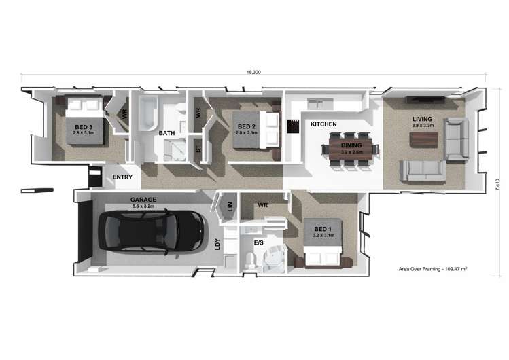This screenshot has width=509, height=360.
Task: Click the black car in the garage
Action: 152,231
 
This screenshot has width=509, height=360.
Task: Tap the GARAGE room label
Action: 143,200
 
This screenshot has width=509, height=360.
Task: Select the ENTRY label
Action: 122,177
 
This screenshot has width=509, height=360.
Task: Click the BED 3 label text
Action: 84,127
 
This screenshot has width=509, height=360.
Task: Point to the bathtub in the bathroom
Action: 148,113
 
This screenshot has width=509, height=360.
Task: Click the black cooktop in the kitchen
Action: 292,126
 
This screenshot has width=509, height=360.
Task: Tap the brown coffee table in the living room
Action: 423,140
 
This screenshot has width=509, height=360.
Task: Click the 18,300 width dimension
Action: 253,72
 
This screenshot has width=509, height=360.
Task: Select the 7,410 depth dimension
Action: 498,185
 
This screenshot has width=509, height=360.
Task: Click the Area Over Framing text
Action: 433,269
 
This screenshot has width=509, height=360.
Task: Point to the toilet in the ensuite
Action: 250,260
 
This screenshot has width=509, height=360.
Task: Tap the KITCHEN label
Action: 323,124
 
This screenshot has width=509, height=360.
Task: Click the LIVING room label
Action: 422,119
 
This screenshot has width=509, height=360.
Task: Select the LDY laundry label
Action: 217,245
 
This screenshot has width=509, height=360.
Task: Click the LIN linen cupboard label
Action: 230,206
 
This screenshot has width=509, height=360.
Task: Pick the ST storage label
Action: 198,149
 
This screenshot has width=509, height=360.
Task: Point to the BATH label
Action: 167,133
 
